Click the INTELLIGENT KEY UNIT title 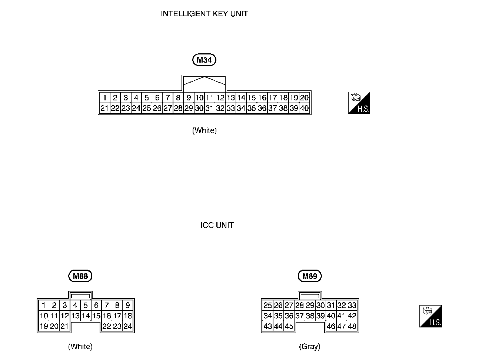tap(204, 14)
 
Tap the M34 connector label tap(204, 60)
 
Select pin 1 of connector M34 tap(105, 98)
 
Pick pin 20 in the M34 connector tap(304, 98)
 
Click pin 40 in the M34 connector tap(304, 108)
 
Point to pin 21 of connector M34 tap(104, 108)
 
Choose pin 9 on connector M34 tap(189, 98)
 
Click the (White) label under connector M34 tap(204, 130)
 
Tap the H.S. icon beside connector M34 tap(359, 103)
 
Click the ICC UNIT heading tap(217, 225)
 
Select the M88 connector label tap(80, 276)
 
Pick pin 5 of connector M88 tap(86, 305)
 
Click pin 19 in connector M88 tap(44, 326)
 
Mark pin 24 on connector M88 tap(128, 326)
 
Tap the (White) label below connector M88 tap(80, 347)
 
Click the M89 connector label tap(310, 276)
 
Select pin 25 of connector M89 tap(267, 305)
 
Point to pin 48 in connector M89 tap(352, 326)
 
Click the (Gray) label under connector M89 tap(310, 347)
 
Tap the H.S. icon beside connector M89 tap(430, 316)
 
